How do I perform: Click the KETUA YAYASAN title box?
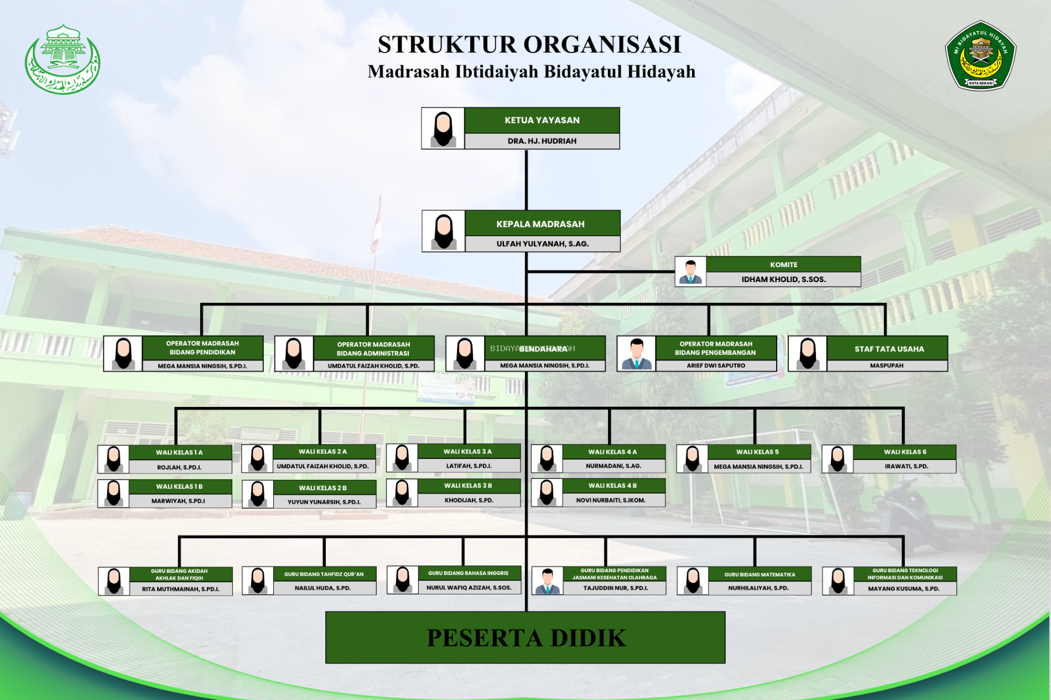click(542, 121)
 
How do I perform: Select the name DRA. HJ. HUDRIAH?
click(542, 141)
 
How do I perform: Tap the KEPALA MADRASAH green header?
click(540, 224)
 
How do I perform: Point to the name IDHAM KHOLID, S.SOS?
click(783, 279)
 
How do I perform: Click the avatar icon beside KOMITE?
click(690, 271)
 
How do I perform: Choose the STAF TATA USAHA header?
click(889, 349)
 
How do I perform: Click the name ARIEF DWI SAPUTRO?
click(716, 365)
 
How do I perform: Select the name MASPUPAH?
click(886, 365)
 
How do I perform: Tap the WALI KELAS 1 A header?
click(179, 452)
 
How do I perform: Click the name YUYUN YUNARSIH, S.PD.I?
click(324, 502)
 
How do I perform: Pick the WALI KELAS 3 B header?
click(468, 485)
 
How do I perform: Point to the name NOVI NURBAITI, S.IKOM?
click(611, 500)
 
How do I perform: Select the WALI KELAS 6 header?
click(904, 452)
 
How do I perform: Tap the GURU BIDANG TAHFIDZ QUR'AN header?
click(324, 574)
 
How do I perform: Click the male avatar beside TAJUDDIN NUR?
click(548, 581)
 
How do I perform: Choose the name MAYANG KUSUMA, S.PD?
click(903, 588)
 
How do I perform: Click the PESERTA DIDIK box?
click(525, 638)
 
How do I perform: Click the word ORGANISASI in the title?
click(602, 45)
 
